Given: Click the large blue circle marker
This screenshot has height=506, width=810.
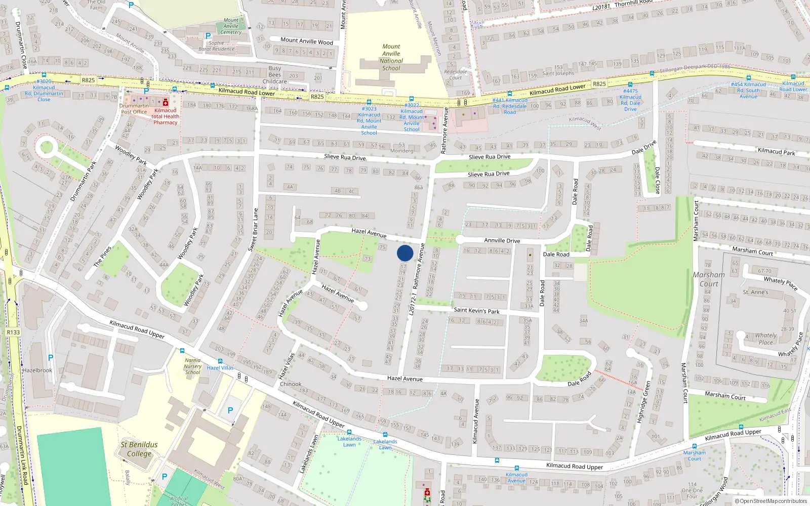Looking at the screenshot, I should point(405,253).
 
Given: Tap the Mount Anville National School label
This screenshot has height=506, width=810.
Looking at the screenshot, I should point(391,57).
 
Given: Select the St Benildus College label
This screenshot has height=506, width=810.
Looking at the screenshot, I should point(139,449).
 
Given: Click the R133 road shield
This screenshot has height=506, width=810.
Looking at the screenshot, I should point(13,332).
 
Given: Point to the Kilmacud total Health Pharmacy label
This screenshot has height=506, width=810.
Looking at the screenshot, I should point(166,116).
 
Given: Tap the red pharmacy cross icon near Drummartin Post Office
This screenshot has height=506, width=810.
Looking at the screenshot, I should point(166,103).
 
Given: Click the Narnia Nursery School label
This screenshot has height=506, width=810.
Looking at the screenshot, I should point(193,366).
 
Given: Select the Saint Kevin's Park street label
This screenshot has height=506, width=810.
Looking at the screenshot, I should point(476,310).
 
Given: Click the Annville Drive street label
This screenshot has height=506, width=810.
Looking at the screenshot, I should point(502,240).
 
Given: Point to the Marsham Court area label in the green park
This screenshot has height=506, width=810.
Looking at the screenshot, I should point(709,279).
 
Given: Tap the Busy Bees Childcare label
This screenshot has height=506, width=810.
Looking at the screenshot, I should point(275,75).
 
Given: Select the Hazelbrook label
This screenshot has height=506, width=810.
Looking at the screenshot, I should point(37,370).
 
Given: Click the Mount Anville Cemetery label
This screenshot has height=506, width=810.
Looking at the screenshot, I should point(231,26).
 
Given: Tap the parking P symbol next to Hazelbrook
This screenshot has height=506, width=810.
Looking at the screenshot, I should point(50,358).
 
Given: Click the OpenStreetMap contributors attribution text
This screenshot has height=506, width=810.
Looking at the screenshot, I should point(770,501).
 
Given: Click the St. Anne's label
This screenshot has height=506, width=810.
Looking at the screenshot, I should point(755,292).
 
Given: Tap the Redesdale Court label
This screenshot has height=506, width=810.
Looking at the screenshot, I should point(456,74).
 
